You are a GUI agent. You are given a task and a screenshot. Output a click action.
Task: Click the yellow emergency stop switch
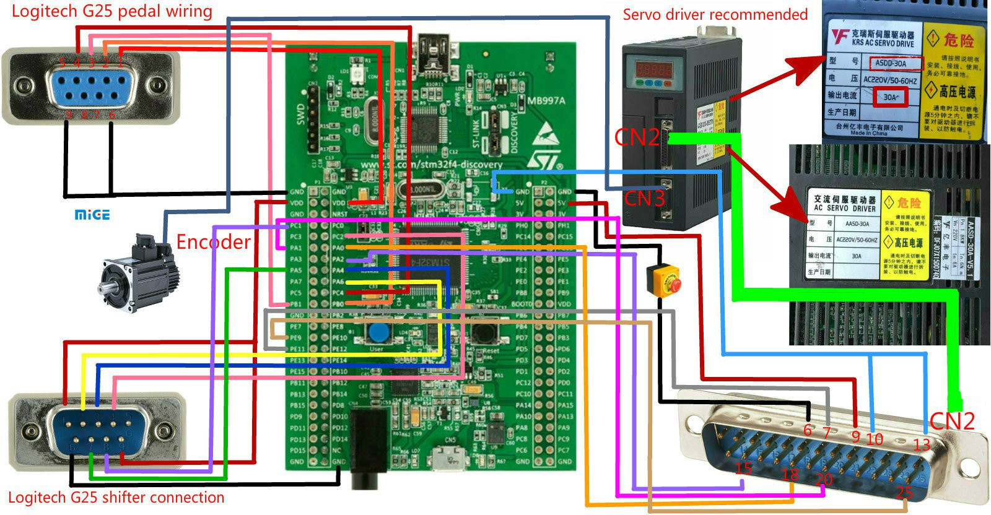[663, 280]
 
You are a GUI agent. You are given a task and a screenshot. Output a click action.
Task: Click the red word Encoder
[213, 241]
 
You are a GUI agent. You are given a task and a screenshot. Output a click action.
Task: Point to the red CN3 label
[644, 199]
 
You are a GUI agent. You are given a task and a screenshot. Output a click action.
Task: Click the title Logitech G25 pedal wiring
[112, 11]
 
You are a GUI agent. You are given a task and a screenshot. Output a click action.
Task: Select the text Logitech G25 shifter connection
[116, 498]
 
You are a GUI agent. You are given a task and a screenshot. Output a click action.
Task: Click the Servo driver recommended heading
[715, 14]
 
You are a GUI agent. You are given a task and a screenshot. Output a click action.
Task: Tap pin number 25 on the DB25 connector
[904, 493]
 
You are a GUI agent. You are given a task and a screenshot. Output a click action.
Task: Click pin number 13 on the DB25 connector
[922, 443]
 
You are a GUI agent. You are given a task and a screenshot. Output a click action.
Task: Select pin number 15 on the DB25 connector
[743, 468]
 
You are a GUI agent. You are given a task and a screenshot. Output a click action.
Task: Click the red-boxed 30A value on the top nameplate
[891, 97]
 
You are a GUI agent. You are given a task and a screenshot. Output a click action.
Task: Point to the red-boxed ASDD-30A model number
[896, 63]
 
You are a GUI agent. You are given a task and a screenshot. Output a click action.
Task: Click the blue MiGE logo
[92, 215]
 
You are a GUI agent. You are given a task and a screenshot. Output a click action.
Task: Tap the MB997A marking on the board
[546, 101]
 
